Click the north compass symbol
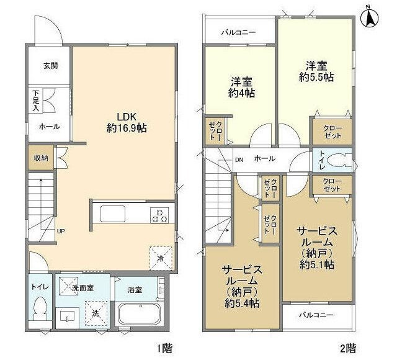pos(370,19)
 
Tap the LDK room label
pos(127,117)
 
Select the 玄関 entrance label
pos(51,66)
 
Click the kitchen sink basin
pos(113,214)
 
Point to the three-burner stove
pos(159,215)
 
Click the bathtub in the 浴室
pos(140,314)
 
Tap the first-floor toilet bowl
pos(40,308)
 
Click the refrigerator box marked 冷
pos(161,258)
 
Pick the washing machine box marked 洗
pos(96,313)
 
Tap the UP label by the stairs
pos(61,231)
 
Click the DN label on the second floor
pos(239,160)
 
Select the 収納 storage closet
pos(41,158)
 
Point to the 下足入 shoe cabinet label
pos(36,101)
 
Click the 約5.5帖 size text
pos(316,77)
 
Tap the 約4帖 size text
pos(241,94)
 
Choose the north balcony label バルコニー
pos(238,32)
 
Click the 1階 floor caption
pos(165,349)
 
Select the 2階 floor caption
pos(348,349)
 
